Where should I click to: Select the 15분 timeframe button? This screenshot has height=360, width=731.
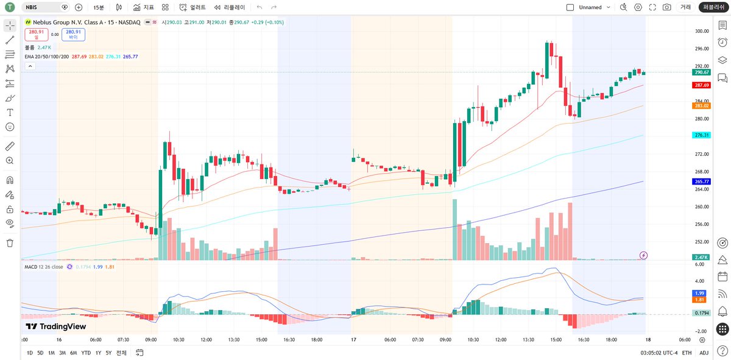click(99, 7)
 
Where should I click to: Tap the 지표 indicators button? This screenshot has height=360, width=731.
click(144, 7)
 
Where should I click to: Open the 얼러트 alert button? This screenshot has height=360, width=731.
click(192, 7)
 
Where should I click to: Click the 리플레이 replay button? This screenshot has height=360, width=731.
click(230, 7)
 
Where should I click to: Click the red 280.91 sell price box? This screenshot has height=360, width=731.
click(36, 34)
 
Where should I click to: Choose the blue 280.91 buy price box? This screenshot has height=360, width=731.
click(74, 34)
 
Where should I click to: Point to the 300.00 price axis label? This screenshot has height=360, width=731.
click(702, 31)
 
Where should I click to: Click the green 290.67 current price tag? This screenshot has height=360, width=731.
click(701, 72)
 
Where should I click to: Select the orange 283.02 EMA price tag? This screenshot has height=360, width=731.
click(701, 106)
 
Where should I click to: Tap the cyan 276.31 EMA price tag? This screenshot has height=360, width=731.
click(701, 135)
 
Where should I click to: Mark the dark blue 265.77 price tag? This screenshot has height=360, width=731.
click(701, 182)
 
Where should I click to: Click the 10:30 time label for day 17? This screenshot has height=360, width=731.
click(473, 339)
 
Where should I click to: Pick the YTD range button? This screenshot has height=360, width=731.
click(86, 353)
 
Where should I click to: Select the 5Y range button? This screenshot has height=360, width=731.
click(108, 353)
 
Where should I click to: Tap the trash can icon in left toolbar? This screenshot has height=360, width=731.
click(10, 243)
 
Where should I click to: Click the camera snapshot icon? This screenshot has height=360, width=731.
click(666, 7)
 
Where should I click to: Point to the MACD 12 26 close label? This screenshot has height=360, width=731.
click(44, 267)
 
